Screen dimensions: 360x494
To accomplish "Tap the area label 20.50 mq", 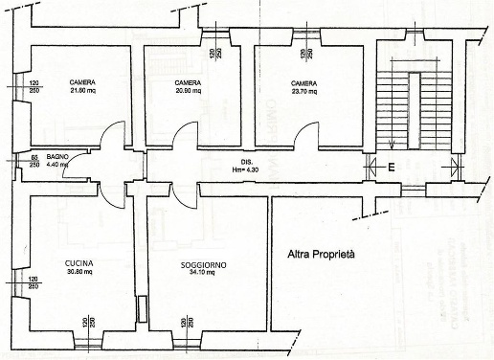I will click(x=191, y=92).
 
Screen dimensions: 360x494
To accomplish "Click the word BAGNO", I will click(x=59, y=156).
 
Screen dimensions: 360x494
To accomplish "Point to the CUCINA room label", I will click(x=79, y=263).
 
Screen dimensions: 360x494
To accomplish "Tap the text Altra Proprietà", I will click(x=322, y=255).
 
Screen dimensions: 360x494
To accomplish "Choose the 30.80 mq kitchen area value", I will click(x=79, y=273).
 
